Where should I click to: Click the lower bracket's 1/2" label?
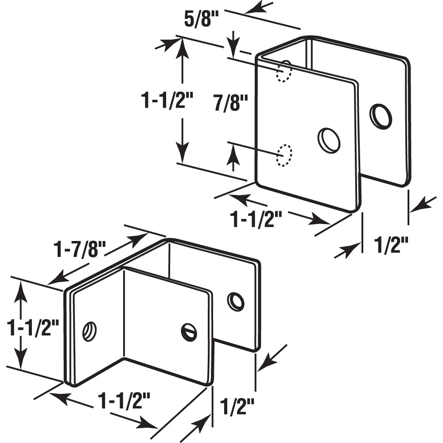(x=238, y=405)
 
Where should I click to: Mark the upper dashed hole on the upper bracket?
(x=284, y=71)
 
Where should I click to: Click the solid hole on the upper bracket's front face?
(x=329, y=140)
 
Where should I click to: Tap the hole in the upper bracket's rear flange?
(x=381, y=116)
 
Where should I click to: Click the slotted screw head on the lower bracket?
(x=189, y=332)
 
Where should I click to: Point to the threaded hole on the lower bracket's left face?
(x=90, y=330)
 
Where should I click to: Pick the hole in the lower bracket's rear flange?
(x=236, y=301)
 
